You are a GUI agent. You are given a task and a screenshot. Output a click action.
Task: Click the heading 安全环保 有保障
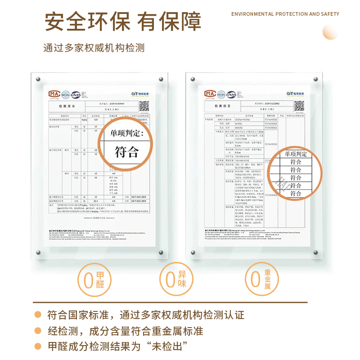[122, 22]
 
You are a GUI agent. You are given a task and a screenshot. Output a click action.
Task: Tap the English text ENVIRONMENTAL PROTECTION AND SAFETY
[285, 14]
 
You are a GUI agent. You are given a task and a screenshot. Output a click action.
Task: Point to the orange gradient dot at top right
[330, 32]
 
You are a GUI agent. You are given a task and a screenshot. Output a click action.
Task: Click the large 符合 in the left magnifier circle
[126, 152]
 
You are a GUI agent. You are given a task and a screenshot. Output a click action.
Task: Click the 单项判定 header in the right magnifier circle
[296, 154]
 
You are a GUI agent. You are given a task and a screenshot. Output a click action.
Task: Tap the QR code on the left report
[144, 106]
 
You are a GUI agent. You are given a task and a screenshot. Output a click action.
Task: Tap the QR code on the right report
[299, 106]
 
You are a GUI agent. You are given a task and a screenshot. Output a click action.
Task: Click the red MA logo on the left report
[54, 94]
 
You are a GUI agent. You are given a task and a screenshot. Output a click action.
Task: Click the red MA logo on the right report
[210, 94]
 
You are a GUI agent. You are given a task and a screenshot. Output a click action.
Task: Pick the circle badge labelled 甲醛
[93, 279]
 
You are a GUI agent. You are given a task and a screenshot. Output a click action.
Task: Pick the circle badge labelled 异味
[176, 279]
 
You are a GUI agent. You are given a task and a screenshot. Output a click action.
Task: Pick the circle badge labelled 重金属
[261, 279]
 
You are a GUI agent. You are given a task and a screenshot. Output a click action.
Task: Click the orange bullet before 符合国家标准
[39, 315]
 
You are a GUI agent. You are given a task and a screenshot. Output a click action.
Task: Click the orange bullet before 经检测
[39, 331]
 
